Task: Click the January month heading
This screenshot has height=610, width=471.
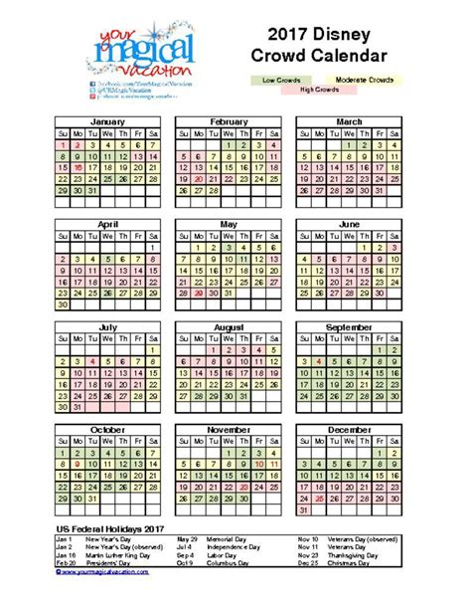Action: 108,121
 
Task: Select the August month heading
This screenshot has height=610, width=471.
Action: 228,326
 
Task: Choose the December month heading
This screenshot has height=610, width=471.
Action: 348,428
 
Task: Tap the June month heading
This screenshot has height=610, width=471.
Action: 348,224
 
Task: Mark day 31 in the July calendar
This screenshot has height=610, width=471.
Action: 79,406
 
